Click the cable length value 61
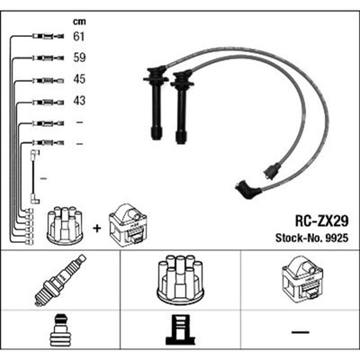coord(79,36)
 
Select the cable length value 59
coord(79,58)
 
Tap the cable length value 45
coord(79,79)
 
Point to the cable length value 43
coord(79,101)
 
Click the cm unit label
coord(79,22)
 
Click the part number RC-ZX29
coord(321,221)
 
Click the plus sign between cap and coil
coord(96,229)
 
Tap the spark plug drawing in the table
coord(60,280)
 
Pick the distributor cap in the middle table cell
coord(180,278)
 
